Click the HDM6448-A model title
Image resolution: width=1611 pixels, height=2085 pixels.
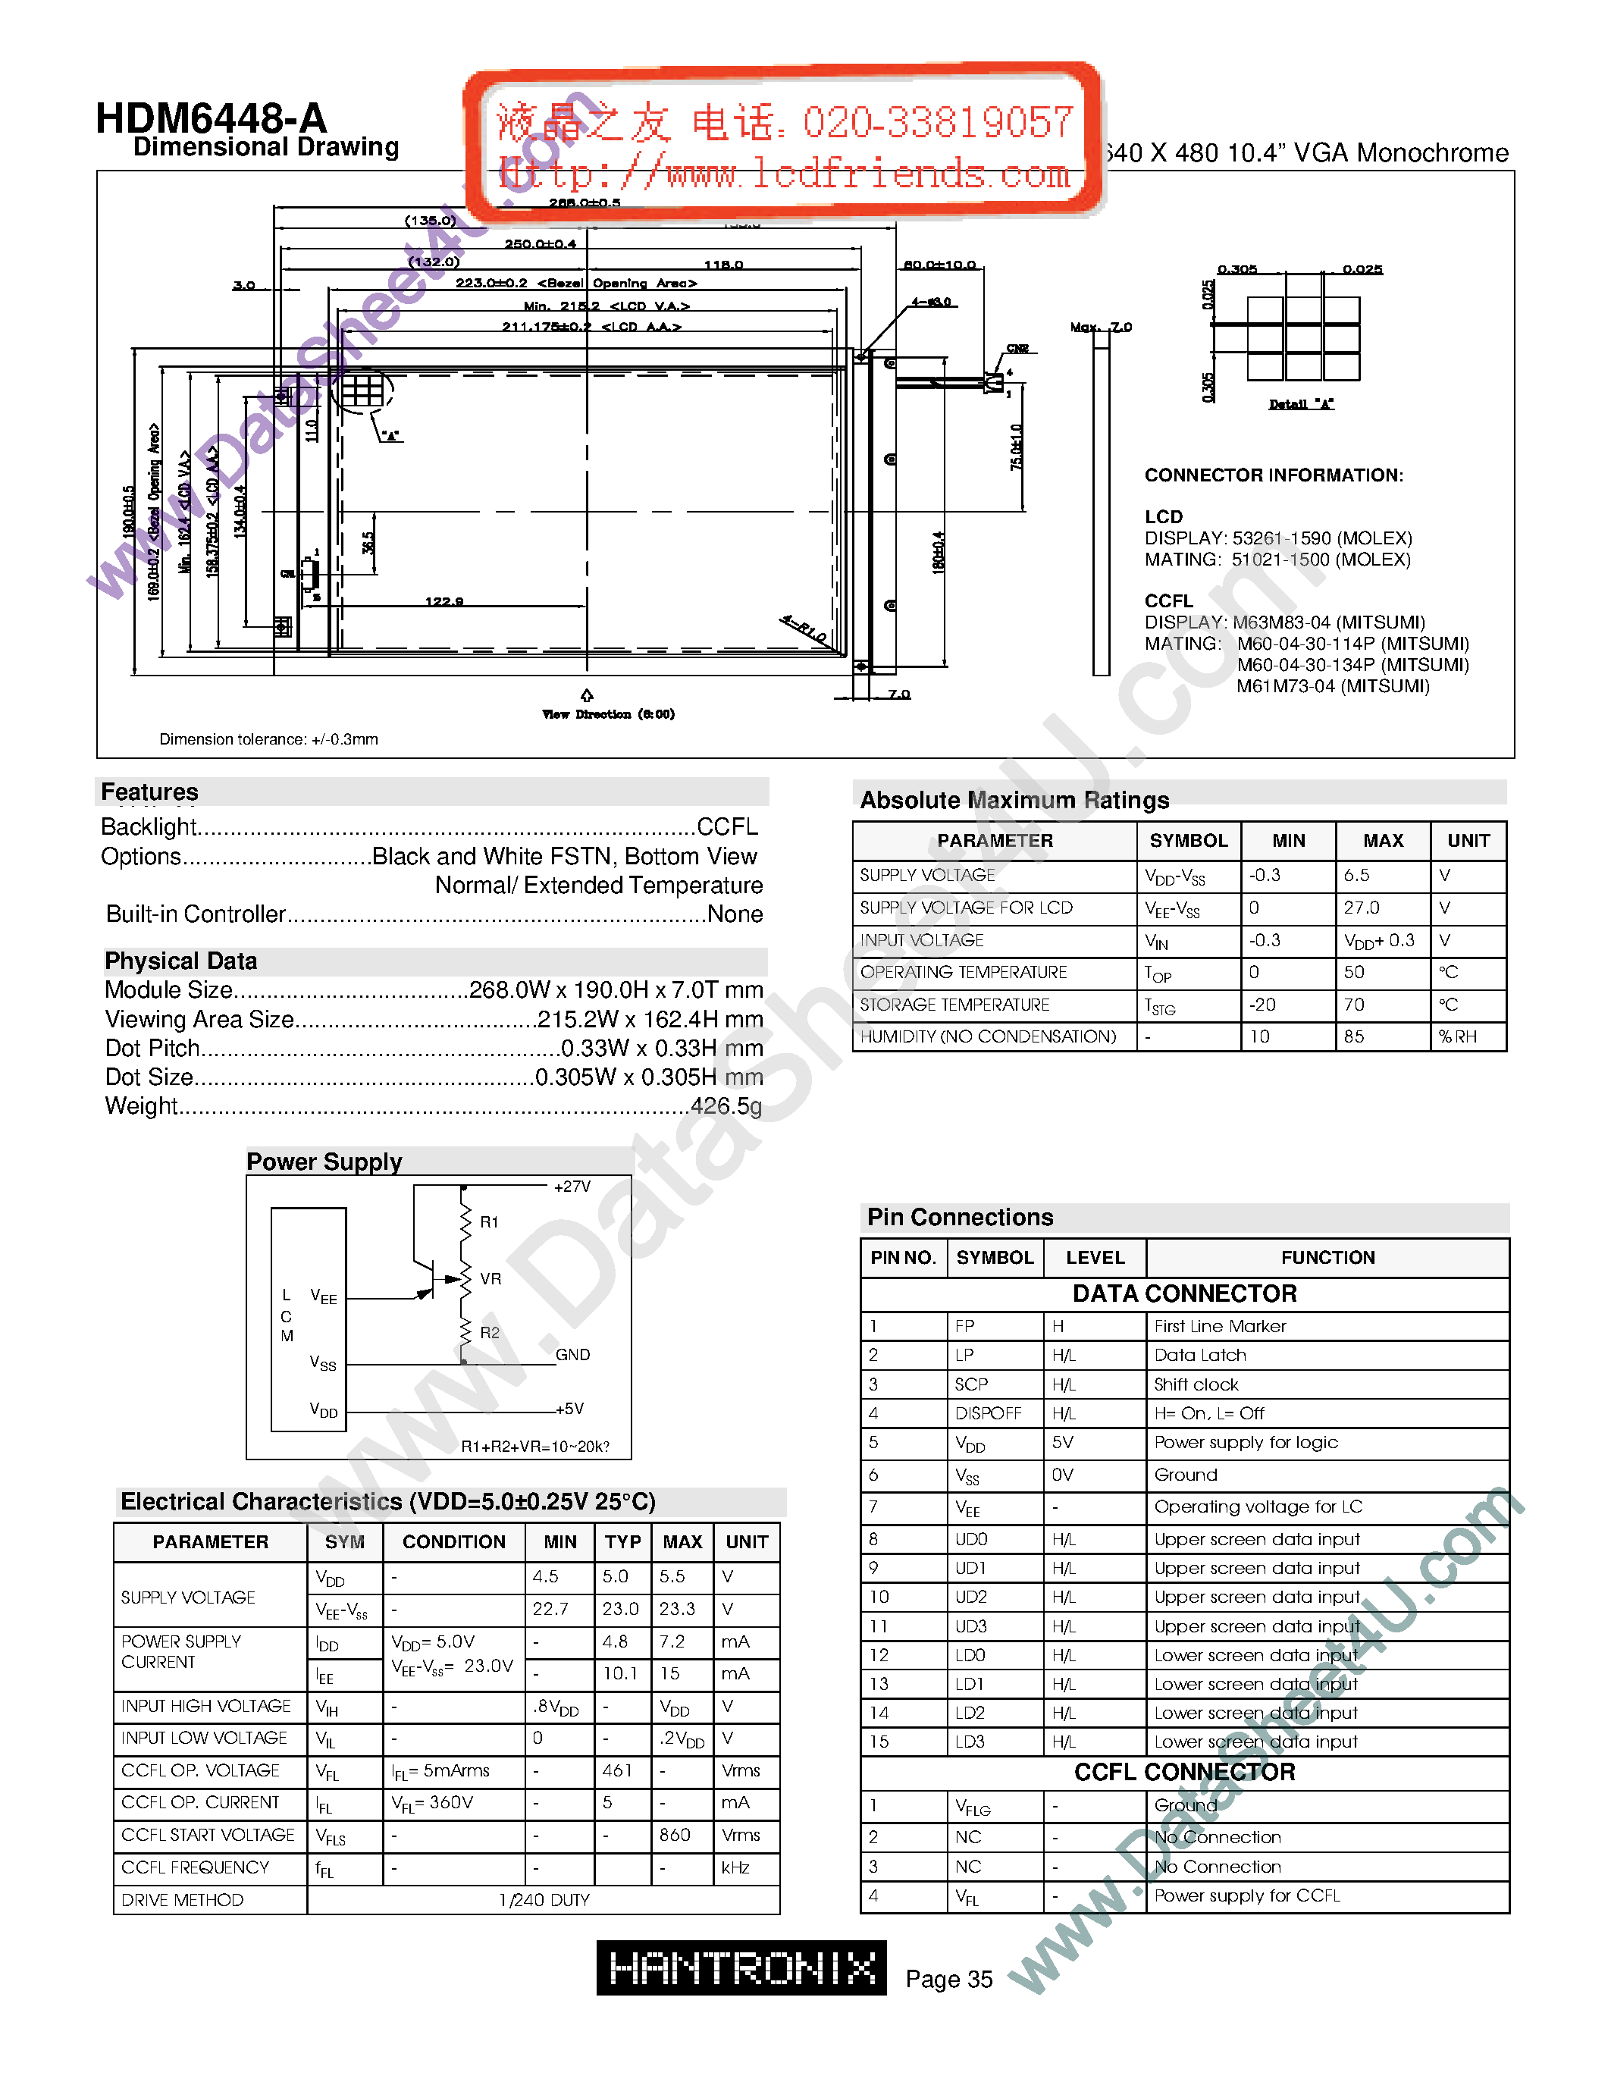(211, 119)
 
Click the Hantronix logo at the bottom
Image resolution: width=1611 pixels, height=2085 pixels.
(741, 1967)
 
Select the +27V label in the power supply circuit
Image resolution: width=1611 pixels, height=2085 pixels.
(572, 1187)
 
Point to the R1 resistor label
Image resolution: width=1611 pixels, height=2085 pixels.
(489, 1222)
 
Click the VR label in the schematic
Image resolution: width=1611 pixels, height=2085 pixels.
(491, 1278)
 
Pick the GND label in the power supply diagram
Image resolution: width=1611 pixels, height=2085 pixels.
(572, 1355)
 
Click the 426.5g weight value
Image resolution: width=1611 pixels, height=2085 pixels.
(726, 1106)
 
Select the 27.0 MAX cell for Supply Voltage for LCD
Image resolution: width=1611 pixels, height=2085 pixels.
(1362, 907)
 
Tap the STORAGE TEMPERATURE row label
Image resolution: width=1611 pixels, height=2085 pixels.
(954, 1005)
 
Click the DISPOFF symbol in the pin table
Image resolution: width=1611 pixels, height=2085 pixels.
(988, 1413)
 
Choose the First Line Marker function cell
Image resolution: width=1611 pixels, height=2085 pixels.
(1220, 1326)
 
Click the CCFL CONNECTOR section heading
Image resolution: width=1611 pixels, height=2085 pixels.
(1184, 1772)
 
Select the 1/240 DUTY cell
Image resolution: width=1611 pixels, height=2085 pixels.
(544, 1900)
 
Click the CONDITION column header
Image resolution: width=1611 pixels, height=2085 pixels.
(453, 1542)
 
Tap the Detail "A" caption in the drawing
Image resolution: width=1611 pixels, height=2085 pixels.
(1301, 404)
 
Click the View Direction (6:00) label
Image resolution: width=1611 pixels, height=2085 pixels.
(608, 714)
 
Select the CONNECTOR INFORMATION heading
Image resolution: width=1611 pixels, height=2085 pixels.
(1273, 475)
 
